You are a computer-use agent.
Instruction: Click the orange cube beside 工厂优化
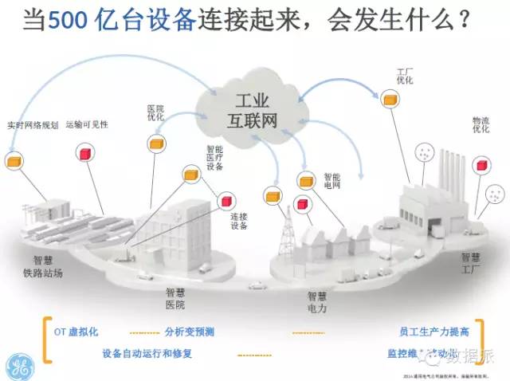pyautogui.click(x=389, y=98)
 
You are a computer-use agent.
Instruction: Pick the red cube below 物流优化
pyautogui.click(x=481, y=164)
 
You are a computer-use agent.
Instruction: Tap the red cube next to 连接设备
pyautogui.click(x=226, y=201)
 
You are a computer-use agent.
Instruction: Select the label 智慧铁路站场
pyautogui.click(x=49, y=266)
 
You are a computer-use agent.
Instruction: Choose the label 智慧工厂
pyautogui.click(x=470, y=264)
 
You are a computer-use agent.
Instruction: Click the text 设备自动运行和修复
pyautogui.click(x=147, y=352)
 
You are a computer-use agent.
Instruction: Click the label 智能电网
pyautogui.click(x=331, y=180)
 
